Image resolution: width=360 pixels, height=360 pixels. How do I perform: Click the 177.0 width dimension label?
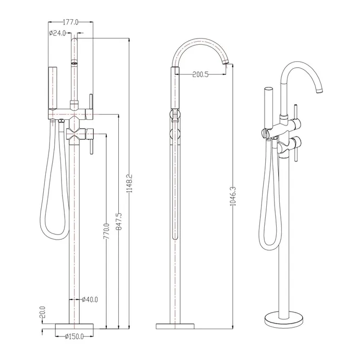pos(70,22)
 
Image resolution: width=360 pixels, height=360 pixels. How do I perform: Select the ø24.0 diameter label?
pos(57,33)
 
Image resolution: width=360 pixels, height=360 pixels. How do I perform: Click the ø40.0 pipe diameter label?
pos(90,300)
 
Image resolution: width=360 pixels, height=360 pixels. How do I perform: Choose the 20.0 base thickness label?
pos(43,312)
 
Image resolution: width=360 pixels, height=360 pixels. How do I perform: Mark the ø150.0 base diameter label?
pos(74,337)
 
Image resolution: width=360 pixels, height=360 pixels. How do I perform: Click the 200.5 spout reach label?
pos(201,75)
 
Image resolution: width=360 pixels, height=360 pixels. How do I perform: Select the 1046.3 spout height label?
pos(233,196)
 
